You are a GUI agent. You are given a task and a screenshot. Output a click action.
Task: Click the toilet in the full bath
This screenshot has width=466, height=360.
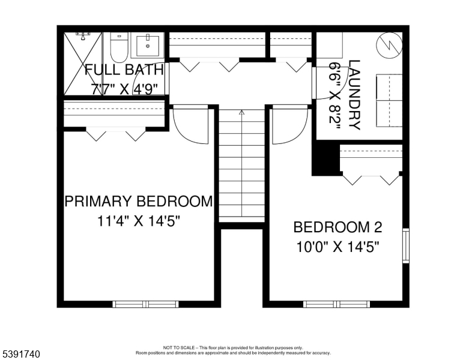[120, 47]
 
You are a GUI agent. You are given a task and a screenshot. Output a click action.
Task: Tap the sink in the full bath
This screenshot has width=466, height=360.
[147, 46]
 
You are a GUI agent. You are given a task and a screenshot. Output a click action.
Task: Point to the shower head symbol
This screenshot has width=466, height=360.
[83, 36]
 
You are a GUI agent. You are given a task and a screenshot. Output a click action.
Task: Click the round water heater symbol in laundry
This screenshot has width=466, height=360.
[389, 45]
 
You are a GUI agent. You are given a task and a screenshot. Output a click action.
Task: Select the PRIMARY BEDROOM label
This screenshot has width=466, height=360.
[139, 201]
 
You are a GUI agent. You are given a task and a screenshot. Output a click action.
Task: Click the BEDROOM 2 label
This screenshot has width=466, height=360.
[337, 227]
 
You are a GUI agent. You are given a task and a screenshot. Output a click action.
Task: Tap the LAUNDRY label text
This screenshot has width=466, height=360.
[354, 95]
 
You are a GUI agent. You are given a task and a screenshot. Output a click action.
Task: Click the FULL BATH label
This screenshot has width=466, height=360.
[124, 70]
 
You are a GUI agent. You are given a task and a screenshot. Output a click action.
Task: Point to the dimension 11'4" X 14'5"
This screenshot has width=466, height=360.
[139, 221]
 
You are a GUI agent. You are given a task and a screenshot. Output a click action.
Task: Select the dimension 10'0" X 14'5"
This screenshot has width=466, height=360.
[338, 247]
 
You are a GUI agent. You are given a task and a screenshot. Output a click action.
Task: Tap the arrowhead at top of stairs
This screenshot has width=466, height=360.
[241, 113]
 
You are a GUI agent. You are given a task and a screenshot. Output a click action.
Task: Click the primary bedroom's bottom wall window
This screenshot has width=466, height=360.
[145, 304]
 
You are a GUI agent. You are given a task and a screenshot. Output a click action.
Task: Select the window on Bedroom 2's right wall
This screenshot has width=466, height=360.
[406, 245]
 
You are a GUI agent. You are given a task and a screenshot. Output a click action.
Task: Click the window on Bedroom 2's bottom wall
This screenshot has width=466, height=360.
[337, 304]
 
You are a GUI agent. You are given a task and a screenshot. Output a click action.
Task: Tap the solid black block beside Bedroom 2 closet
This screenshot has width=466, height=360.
[325, 158]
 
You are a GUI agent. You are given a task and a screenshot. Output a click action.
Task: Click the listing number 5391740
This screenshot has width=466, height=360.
[21, 354]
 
